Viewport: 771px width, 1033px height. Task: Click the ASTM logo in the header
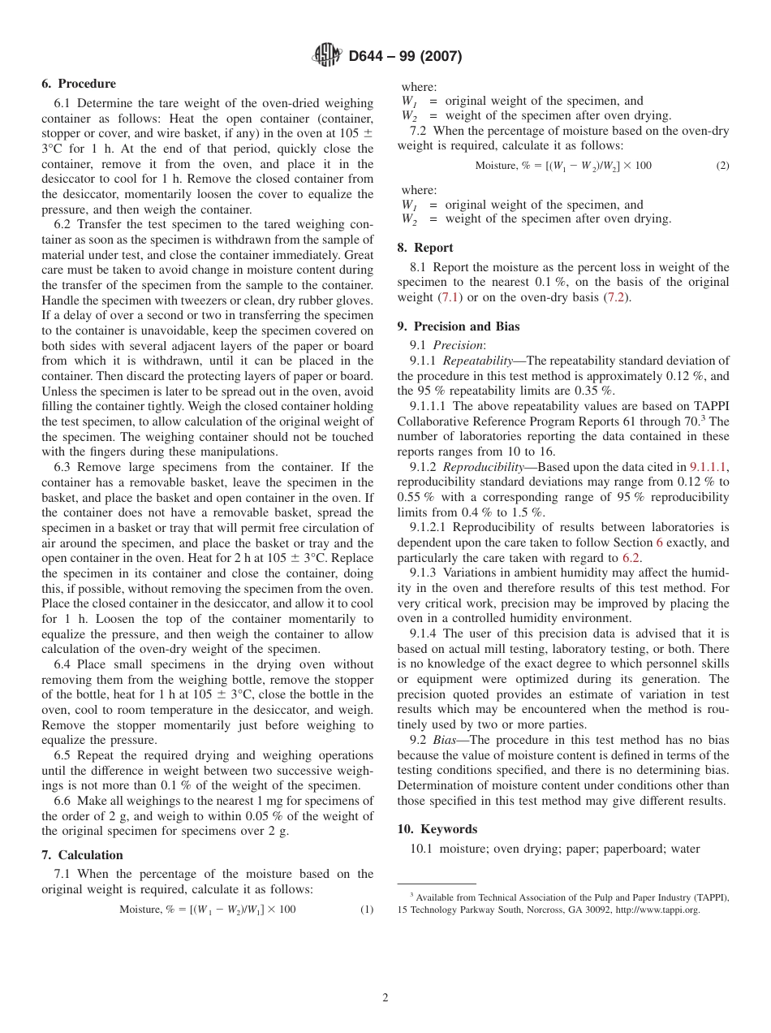pyautogui.click(x=327, y=56)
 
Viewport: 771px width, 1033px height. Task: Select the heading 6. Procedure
pyautogui.click(x=79, y=84)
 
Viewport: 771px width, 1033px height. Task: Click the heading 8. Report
pyautogui.click(x=425, y=248)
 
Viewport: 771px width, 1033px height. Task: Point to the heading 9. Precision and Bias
pyautogui.click(x=459, y=326)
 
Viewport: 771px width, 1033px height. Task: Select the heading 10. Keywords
pyautogui.click(x=437, y=829)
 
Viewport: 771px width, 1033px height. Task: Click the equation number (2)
pyautogui.click(x=722, y=166)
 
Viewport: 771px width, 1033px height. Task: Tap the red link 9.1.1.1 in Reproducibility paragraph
pyautogui.click(x=709, y=467)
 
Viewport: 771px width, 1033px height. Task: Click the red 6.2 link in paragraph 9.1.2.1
pyautogui.click(x=631, y=558)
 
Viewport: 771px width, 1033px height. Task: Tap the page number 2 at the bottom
pyautogui.click(x=385, y=998)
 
